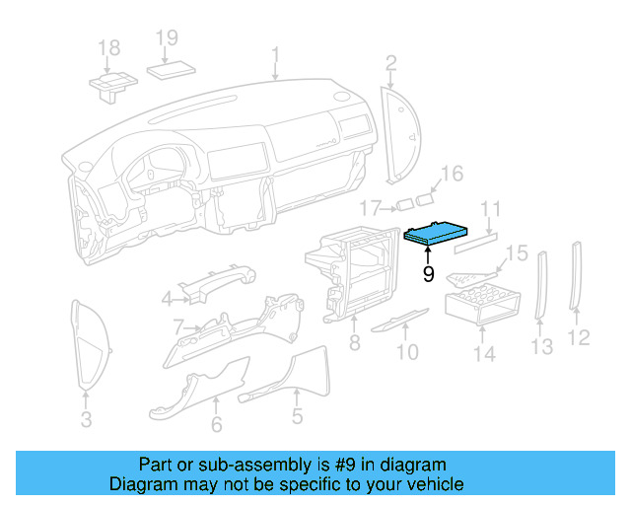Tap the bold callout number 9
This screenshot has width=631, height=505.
coord(428,274)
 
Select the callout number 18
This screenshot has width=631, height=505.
coord(108,47)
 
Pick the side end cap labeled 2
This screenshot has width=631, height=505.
coord(401,133)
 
